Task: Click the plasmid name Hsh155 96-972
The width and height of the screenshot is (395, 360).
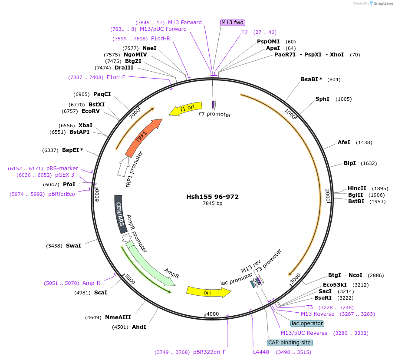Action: click(212, 197)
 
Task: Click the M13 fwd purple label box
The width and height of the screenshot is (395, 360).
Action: click(233, 23)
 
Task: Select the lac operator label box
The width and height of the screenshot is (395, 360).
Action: click(307, 324)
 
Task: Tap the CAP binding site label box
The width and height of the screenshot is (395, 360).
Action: click(290, 343)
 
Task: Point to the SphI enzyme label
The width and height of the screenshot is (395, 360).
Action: click(322, 99)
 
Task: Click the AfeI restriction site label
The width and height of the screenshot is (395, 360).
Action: click(344, 142)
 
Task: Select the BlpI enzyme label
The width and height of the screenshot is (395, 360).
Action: click(350, 163)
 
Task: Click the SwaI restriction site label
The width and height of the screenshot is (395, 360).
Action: click(73, 246)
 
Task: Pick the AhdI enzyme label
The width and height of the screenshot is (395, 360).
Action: click(139, 327)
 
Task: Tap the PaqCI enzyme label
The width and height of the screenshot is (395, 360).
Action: click(102, 94)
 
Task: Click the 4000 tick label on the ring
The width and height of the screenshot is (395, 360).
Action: click(213, 314)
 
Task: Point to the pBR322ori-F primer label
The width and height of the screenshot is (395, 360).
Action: click(209, 352)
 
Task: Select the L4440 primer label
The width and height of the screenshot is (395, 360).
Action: click(261, 352)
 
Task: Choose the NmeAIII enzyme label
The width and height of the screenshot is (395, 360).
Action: click(118, 317)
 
